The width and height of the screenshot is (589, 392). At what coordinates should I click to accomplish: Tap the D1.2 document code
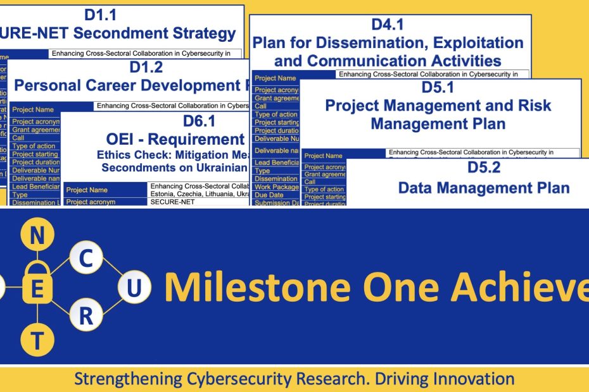click(x=146, y=68)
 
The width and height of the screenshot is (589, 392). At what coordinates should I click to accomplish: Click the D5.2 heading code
click(x=484, y=168)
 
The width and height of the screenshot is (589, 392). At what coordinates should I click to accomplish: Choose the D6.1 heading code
click(x=199, y=121)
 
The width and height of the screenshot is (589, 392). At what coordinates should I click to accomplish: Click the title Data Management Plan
click(x=484, y=187)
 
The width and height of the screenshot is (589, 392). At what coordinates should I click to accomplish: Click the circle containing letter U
click(x=134, y=288)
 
